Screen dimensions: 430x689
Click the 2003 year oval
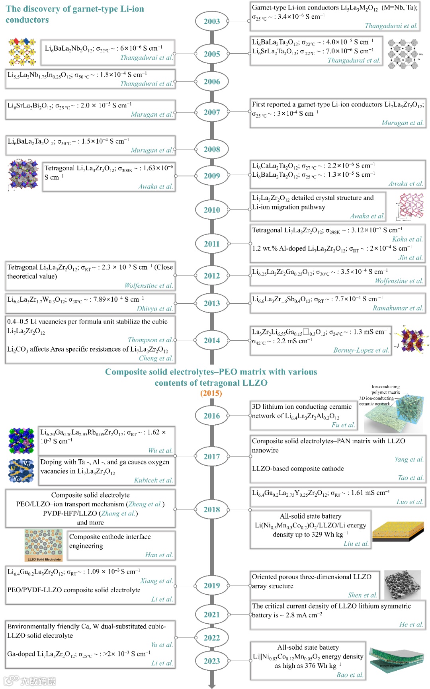[x=212, y=21]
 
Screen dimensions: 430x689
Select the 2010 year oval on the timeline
[x=212, y=210]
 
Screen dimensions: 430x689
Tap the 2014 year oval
[x=212, y=340]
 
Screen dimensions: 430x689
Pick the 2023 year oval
[x=212, y=661]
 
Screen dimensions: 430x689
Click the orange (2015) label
[x=211, y=393]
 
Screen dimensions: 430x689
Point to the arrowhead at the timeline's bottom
[x=212, y=685]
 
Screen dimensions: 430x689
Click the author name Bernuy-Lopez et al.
[x=361, y=350]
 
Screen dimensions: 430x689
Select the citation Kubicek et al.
[x=153, y=480]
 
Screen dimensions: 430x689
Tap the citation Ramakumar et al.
[x=398, y=308]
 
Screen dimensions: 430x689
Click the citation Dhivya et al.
[x=154, y=308]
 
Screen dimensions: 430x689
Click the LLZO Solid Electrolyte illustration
[x=43, y=545]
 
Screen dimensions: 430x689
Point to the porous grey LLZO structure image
[x=403, y=585]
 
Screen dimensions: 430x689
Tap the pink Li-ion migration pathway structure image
[x=410, y=206]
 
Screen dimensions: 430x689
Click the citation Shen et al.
[x=362, y=595]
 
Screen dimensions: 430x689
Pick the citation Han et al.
[x=159, y=555]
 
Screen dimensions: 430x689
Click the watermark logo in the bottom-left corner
[x=30, y=681]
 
